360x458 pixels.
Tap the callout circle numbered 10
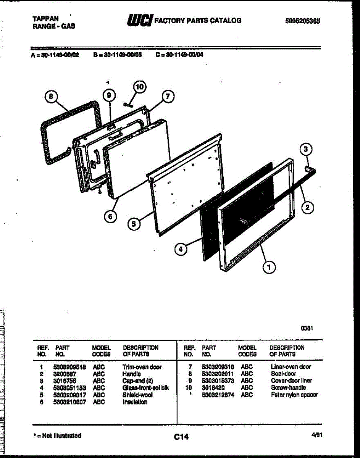140,87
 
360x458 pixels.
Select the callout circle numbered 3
305,150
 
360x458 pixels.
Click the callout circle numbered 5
133,224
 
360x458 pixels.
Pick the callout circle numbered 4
181,249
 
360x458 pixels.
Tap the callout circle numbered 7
167,96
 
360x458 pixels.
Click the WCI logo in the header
140,20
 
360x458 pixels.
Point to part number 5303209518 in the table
70,367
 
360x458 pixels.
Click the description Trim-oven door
142,367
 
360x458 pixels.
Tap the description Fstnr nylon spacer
294,395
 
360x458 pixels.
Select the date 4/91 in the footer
315,434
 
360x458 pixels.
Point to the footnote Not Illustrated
57,435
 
